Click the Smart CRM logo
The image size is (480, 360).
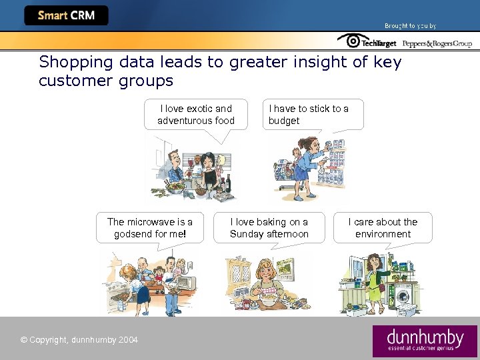point(66,15)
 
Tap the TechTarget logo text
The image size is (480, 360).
point(379,43)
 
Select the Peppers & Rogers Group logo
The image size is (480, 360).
point(437,43)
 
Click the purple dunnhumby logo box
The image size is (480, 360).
point(425,341)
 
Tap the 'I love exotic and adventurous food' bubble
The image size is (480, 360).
point(196,115)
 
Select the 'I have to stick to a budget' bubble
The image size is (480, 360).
point(313,115)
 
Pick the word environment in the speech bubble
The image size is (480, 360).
point(383,234)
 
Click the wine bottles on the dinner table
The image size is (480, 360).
point(227,180)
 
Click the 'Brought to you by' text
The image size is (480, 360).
point(410,26)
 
